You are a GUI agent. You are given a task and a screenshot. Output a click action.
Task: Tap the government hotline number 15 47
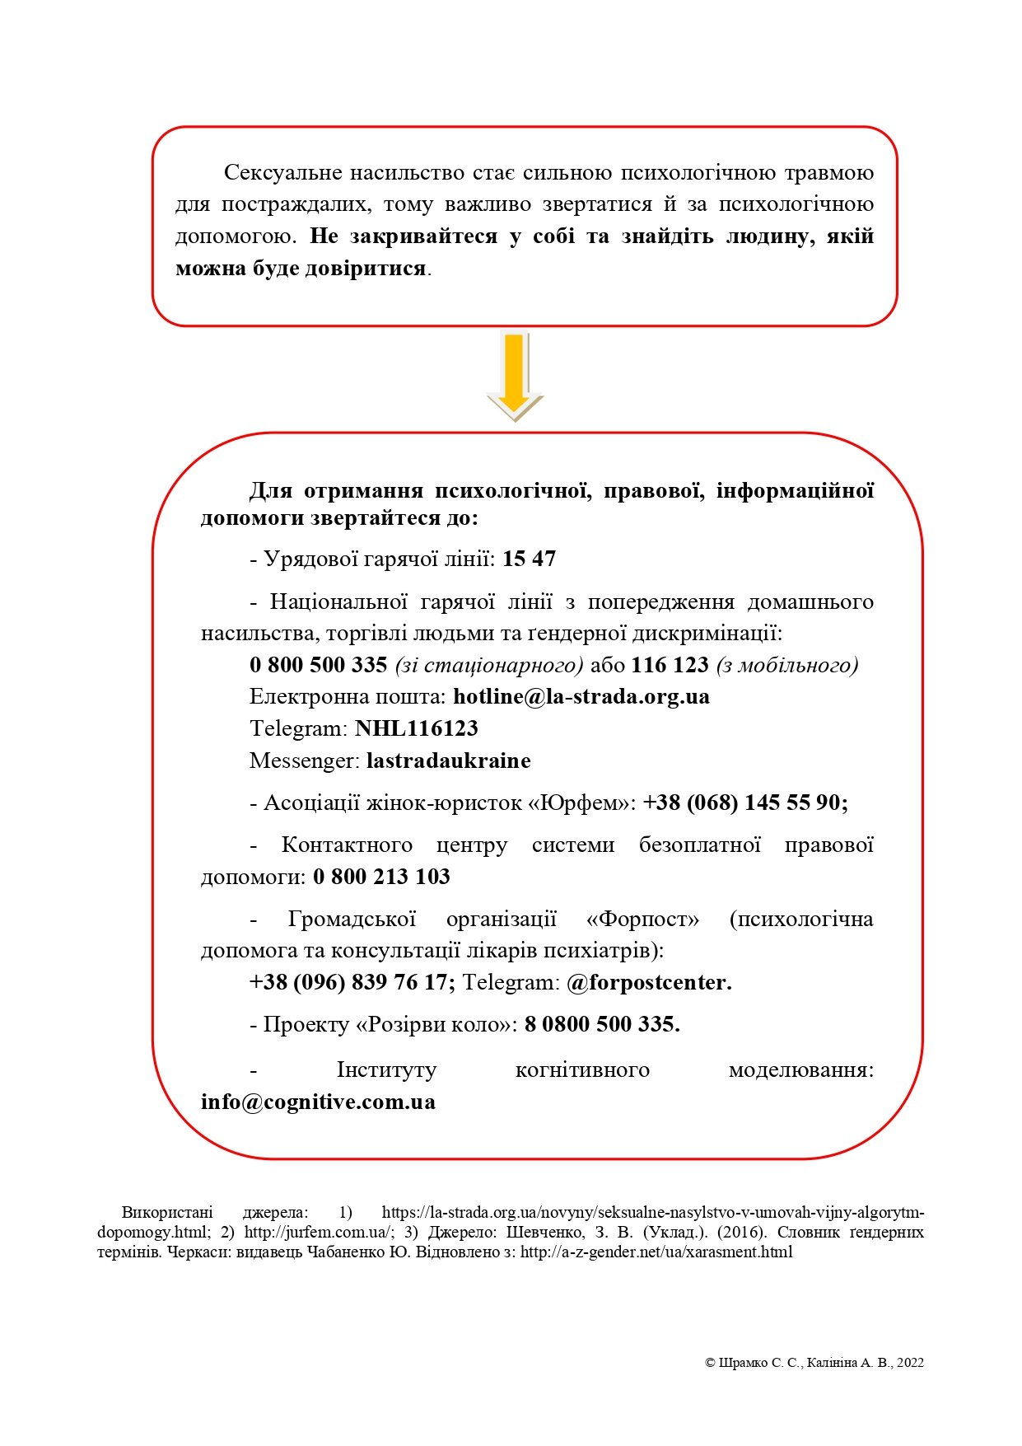529,559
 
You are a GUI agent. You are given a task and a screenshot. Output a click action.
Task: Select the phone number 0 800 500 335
318,665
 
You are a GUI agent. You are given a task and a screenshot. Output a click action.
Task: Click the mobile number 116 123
670,665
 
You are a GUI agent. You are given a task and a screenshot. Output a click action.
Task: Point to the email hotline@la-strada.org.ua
581,697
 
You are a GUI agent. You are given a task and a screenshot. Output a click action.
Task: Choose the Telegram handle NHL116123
416,729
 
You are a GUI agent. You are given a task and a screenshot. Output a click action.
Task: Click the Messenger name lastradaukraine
448,760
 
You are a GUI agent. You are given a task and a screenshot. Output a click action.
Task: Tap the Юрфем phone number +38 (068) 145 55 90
744,803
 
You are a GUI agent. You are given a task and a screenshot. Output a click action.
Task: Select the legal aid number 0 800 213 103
381,877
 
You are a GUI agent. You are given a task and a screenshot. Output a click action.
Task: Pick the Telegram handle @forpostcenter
649,983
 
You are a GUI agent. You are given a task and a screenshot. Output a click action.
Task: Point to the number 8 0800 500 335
602,1025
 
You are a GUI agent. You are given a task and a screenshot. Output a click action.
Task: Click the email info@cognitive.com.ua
318,1102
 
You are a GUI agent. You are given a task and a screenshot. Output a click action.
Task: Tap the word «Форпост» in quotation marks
643,920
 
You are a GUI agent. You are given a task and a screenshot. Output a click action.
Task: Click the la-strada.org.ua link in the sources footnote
652,1213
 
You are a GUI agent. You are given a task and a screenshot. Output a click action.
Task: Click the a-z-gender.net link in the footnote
656,1252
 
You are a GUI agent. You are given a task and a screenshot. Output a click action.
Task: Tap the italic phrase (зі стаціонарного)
489,665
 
